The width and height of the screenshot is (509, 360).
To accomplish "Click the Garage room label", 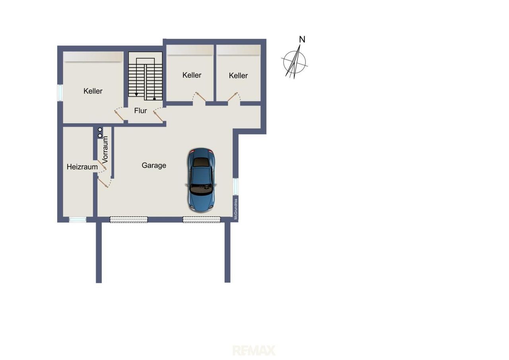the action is tap(154, 165).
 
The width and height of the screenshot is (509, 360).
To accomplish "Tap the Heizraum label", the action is tap(82, 167).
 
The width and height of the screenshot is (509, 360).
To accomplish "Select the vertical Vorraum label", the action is tap(105, 150).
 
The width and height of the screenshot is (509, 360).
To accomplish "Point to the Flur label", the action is tap(140, 111).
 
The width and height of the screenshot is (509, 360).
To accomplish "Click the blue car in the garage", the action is tap(201, 180).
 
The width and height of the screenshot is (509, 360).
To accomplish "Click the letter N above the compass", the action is tap(302, 39).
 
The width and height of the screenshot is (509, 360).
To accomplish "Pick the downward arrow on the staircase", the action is tap(136, 94).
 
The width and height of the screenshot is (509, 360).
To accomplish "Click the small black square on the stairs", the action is tap(154, 99).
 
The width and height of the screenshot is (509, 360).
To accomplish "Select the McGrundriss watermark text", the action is tap(236, 209).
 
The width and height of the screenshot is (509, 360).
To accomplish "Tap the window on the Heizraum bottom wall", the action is tap(78, 220).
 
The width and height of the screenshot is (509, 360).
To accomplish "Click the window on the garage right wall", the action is tap(236, 186).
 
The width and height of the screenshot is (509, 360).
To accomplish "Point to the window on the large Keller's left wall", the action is tap(60, 93).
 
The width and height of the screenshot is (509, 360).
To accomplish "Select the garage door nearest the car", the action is tap(202, 220).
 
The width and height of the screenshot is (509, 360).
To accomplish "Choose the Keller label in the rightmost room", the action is tap(238, 76).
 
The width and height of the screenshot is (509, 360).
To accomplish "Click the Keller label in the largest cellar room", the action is tap(93, 91).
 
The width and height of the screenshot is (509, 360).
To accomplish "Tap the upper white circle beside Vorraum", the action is tap(100, 130).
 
